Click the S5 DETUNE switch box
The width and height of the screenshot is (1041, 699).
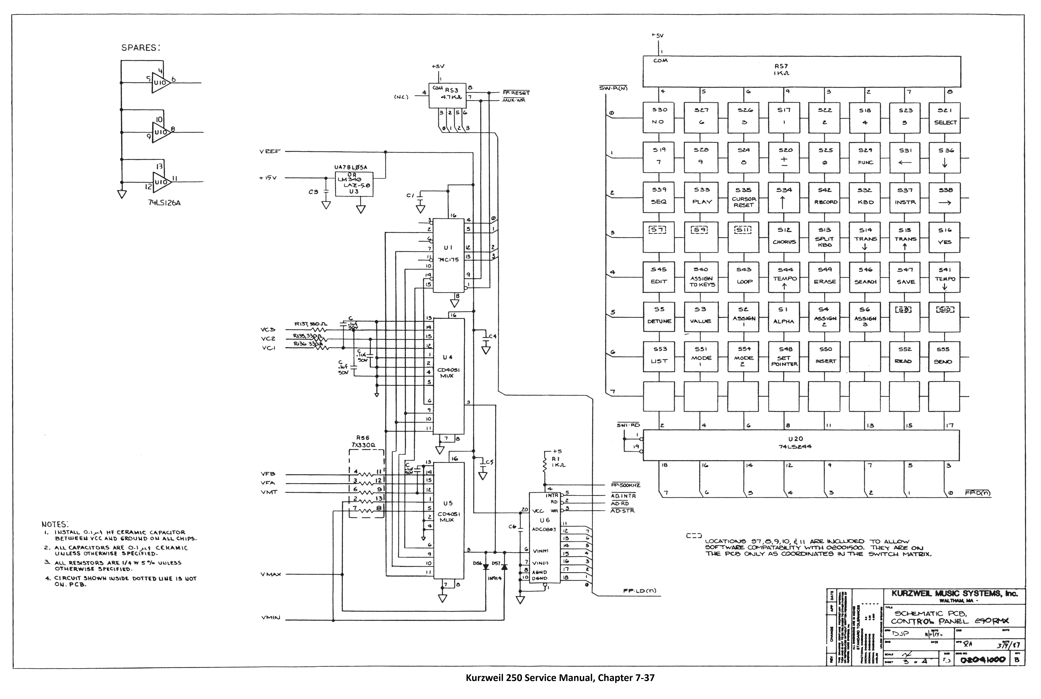pos(659,316)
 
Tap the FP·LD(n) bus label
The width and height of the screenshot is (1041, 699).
pos(640,591)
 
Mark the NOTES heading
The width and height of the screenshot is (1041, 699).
pos(55,525)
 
